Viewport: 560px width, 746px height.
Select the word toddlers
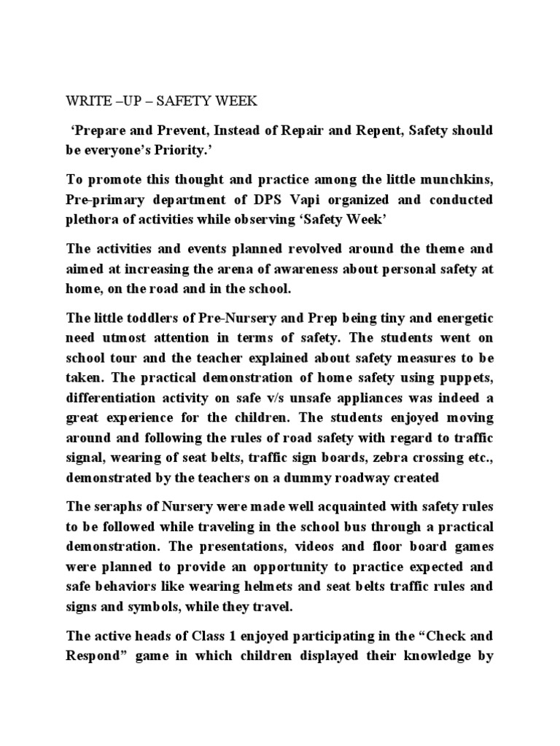point(156,319)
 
